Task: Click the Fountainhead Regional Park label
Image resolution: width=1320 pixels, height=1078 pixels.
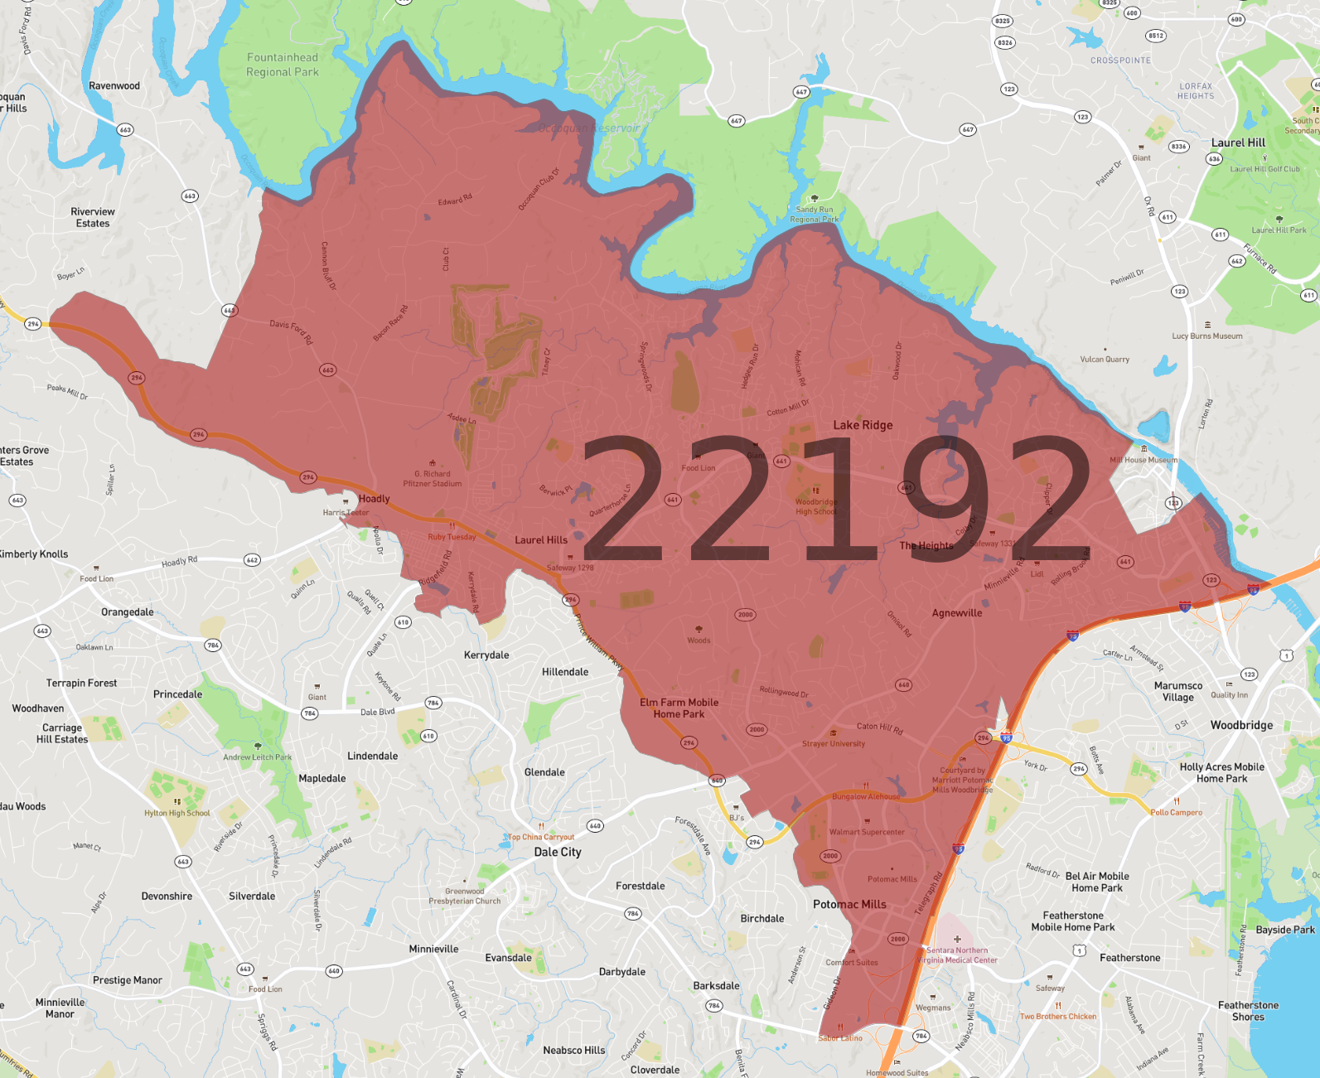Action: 283,65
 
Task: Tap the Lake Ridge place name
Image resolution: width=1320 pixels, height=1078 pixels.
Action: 863,425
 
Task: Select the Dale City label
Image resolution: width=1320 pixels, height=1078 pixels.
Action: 558,852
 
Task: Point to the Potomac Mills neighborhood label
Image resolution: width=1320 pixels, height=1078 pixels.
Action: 849,904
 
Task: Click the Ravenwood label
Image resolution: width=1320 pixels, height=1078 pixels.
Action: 114,86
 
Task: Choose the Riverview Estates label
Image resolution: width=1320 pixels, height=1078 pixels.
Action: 93,217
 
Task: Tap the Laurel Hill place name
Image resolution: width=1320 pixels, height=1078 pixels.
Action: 1238,143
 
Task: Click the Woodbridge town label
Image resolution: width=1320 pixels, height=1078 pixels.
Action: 1241,725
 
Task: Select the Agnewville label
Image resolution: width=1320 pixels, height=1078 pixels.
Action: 957,613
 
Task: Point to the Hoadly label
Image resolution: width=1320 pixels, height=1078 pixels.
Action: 374,499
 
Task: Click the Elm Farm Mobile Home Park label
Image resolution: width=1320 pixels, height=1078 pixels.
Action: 679,708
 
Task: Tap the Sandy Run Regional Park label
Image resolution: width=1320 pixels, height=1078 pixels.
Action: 814,215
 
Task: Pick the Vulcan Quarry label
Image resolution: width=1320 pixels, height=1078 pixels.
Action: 1105,360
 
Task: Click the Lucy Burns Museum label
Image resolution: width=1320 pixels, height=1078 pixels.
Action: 1206,336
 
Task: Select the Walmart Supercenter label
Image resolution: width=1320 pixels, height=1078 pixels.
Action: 867,832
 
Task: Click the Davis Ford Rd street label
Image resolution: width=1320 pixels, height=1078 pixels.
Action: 292,331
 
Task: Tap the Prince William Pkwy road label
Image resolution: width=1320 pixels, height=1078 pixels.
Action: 598,643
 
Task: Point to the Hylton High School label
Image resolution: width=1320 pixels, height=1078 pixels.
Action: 177,813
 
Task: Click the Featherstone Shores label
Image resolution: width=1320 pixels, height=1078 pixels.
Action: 1248,1011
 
